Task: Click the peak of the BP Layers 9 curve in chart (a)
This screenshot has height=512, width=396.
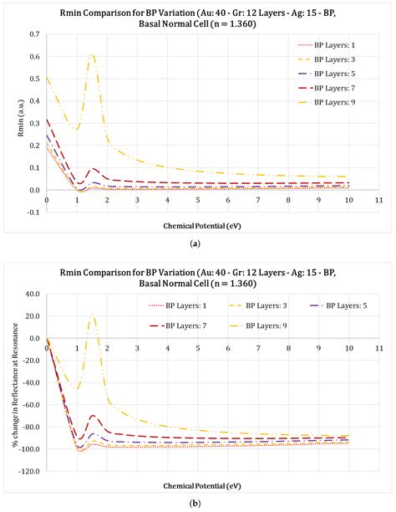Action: click(93, 54)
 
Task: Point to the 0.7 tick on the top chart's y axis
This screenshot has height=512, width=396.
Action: click(33, 35)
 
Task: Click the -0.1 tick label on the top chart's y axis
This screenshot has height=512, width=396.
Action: click(33, 212)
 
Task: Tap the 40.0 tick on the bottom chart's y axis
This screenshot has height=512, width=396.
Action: click(31, 294)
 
